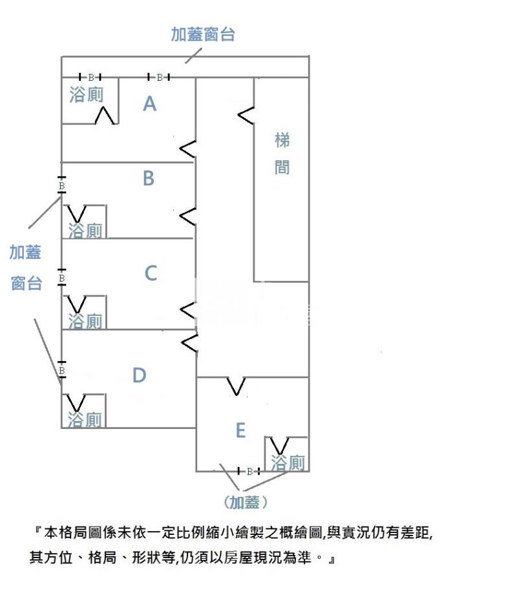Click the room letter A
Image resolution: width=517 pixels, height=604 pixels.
(x=149, y=103)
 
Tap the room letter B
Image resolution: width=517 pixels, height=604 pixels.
(x=148, y=178)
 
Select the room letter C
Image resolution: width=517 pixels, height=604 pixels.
(x=150, y=273)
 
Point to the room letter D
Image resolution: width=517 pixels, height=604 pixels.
(x=139, y=375)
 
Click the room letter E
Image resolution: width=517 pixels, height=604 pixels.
(x=240, y=430)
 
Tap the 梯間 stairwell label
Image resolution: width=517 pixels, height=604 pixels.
(x=282, y=154)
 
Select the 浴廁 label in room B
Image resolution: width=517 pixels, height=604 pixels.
(x=85, y=231)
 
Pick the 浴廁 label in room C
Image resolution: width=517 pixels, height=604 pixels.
(x=85, y=321)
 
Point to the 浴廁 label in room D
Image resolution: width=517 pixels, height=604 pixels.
(x=85, y=420)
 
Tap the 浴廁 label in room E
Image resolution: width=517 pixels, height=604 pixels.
(x=288, y=463)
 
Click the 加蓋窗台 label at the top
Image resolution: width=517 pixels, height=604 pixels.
(x=203, y=34)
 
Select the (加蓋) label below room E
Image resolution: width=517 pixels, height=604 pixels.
(x=245, y=501)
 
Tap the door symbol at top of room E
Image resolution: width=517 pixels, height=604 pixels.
(x=237, y=386)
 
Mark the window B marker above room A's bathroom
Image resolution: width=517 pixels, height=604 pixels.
(x=90, y=78)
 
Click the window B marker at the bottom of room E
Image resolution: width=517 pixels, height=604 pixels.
(x=249, y=472)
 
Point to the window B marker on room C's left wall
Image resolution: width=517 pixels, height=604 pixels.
(x=62, y=278)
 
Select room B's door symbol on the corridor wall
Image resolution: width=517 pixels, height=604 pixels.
(x=188, y=216)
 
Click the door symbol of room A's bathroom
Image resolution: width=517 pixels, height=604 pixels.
(x=105, y=116)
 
